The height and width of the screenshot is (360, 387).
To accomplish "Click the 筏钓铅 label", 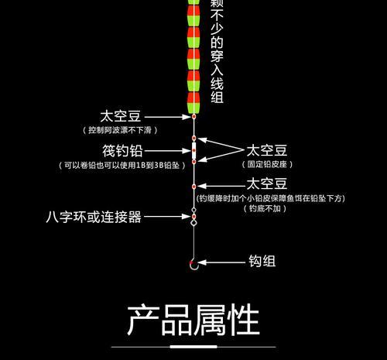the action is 122,151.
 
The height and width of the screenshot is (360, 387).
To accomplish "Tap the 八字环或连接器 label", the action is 94,217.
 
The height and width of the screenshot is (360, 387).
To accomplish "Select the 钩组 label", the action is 262,261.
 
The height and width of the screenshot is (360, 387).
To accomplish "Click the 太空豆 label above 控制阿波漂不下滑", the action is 121,116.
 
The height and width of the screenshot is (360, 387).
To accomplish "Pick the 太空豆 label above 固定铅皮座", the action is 267,151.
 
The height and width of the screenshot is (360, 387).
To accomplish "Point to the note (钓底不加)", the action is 265,208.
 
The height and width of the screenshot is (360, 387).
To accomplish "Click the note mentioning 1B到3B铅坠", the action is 122,165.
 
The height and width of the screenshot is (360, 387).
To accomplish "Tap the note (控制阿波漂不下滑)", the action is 120,130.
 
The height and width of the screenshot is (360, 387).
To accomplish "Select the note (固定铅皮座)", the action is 267,164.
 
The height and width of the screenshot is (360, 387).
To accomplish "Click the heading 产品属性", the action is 193,320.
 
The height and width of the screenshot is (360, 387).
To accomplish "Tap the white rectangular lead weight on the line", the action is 193,150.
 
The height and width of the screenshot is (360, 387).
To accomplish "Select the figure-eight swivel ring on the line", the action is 193,217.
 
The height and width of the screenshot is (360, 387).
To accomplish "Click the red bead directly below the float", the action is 193,117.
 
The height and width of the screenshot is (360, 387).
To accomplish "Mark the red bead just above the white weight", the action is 193,139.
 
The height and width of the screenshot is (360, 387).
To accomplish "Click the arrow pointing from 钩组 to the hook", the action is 221,262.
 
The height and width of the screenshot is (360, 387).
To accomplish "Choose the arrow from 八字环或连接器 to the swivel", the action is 167,217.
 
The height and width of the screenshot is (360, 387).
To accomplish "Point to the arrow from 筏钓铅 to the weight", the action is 168,151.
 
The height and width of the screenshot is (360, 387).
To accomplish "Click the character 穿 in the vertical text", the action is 217,57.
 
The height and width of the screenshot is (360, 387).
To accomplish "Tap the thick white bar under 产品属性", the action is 193,347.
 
